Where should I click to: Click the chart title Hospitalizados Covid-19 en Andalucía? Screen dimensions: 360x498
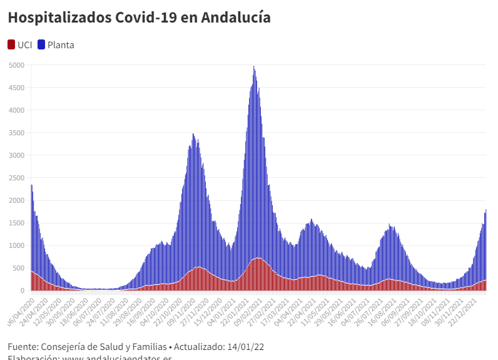tap(139, 18)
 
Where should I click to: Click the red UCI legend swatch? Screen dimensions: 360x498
tap(12, 44)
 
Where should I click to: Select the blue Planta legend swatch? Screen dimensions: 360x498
tap(42, 44)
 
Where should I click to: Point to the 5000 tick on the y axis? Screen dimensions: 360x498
tap(17, 65)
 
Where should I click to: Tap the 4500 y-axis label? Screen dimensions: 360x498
tap(17, 88)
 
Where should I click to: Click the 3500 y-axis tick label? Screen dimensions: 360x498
tap(17, 133)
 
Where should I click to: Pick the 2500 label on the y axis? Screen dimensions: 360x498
tap(17, 178)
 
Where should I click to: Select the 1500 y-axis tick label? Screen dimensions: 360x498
tap(17, 223)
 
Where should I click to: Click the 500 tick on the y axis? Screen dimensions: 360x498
tap(19, 268)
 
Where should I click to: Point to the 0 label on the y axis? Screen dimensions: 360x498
tap(23, 291)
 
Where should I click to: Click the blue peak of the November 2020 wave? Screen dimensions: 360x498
tap(193, 135)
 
